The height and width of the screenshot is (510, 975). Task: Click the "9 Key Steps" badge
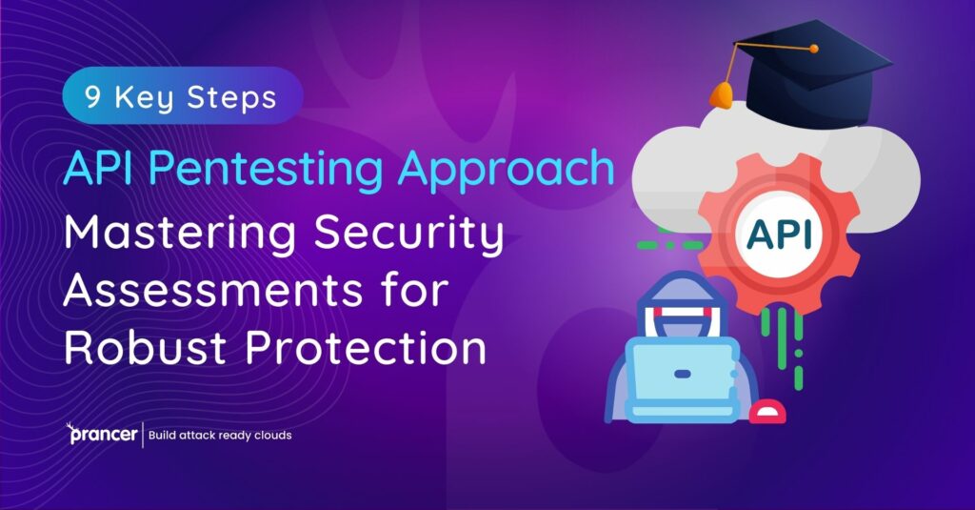181,98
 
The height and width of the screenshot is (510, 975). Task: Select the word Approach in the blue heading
507,170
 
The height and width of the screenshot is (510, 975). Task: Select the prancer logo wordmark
103,436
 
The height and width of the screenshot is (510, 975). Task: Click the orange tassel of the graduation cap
722,93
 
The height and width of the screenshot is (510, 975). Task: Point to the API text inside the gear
779,234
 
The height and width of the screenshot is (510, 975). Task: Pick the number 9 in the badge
92,98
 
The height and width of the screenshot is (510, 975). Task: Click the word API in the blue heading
100,170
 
